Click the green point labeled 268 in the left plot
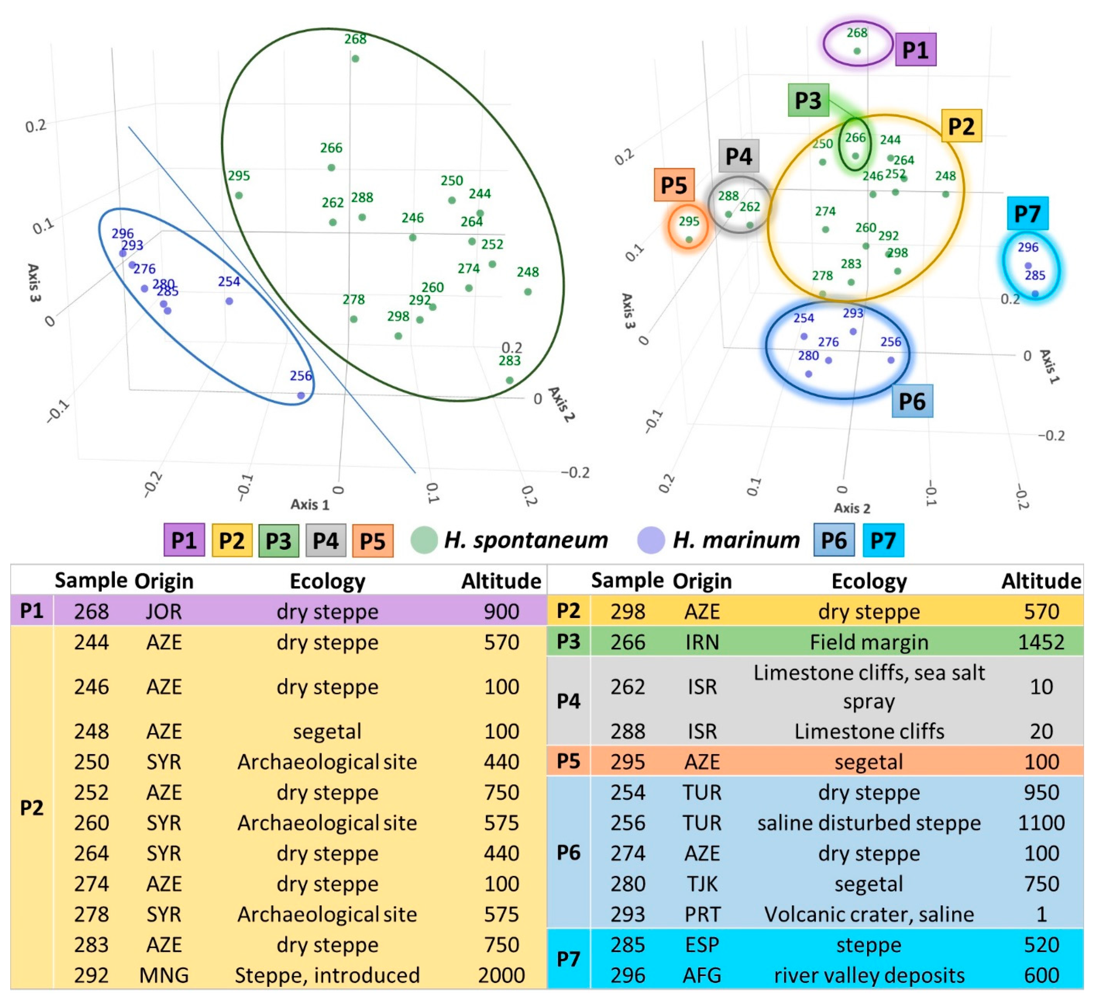[355, 59]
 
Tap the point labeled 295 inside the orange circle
[689, 239]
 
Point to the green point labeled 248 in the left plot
[527, 292]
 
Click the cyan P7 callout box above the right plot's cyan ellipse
[1027, 213]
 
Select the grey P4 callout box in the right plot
[739, 156]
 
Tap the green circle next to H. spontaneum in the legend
[424, 540]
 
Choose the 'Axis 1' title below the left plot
[310, 504]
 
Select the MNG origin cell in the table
[164, 975]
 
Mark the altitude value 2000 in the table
[501, 975]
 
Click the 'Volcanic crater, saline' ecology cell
[869, 914]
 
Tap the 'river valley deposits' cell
[869, 975]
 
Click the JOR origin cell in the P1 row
[164, 611]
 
